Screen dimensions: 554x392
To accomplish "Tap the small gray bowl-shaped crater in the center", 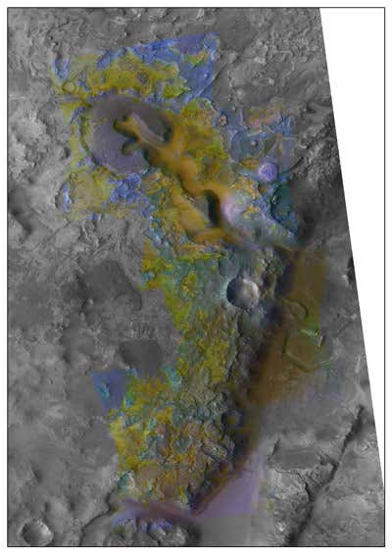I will pos(242,290).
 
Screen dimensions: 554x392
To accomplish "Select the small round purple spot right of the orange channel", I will pos(267,173).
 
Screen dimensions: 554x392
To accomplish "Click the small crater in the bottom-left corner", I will pos(36,532).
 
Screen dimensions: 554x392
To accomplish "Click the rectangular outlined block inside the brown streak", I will pos(304,343).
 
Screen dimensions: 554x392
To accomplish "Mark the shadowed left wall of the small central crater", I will pos(233,290).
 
